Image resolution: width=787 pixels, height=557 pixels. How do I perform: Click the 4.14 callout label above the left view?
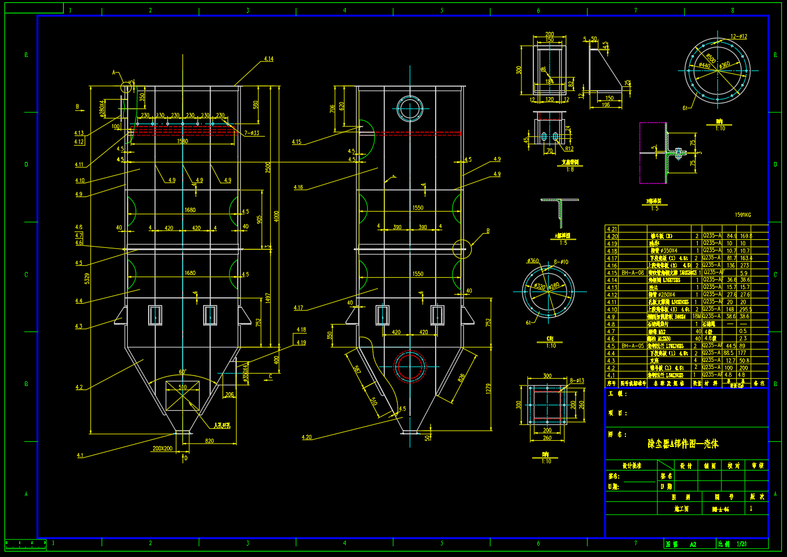tap(268, 59)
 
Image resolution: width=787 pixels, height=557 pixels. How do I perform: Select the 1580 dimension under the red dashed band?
tap(182, 141)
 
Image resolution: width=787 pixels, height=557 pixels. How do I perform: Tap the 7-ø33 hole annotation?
tap(252, 133)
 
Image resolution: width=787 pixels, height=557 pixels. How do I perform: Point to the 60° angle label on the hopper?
tap(182, 372)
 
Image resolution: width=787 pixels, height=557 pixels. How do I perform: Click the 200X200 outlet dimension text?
tap(163, 449)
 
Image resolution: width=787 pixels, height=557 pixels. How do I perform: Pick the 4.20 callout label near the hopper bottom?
tap(306, 437)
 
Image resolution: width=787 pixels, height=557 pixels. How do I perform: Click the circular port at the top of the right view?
tap(410, 108)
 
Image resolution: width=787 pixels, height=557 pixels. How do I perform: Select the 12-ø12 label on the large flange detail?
tap(738, 37)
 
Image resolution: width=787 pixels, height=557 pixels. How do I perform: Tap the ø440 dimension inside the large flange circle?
tap(704, 65)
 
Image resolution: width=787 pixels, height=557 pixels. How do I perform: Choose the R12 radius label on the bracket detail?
tap(569, 149)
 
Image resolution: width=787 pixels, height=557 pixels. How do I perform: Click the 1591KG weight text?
tap(743, 215)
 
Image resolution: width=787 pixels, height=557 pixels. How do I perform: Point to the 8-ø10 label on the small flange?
tap(561, 262)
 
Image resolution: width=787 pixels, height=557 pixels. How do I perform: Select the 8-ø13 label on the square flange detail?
tap(577, 381)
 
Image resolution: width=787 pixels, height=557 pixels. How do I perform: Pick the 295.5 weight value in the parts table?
tap(746, 309)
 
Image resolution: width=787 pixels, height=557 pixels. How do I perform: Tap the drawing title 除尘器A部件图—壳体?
tap(683, 444)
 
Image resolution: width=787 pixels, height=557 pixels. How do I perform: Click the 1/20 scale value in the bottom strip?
tap(742, 544)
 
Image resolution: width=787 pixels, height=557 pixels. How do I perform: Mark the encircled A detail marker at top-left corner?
tap(126, 87)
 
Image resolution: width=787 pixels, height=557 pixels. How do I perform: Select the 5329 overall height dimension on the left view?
tap(87, 278)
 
